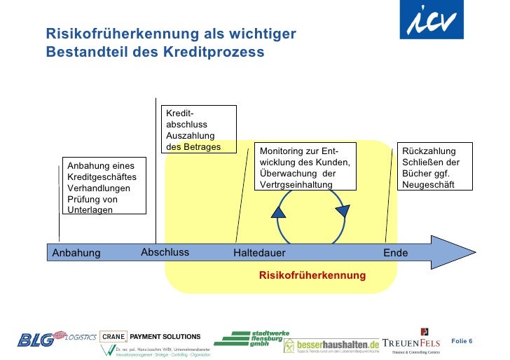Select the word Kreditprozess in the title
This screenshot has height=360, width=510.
(220, 52)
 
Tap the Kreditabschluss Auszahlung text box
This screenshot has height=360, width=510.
(200, 130)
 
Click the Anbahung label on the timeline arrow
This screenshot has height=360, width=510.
(76, 253)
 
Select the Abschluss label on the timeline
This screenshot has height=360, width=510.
(165, 252)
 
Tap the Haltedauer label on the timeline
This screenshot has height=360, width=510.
(259, 253)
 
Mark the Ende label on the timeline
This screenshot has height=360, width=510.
(395, 253)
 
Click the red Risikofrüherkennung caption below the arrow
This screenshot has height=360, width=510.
(312, 275)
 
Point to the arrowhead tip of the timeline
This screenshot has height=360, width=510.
(474, 252)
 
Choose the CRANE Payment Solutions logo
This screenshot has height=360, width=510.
(150, 337)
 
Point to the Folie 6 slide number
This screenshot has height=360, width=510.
(462, 340)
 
